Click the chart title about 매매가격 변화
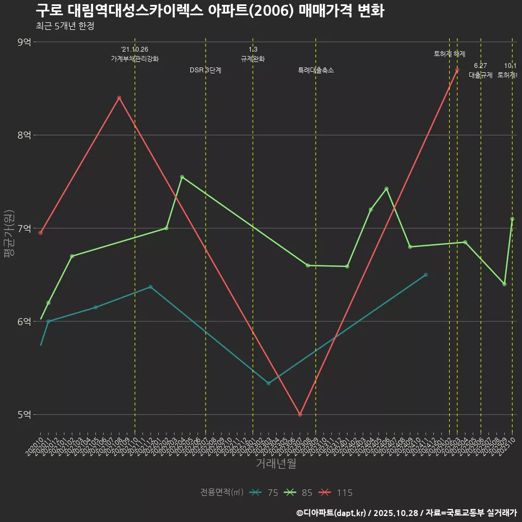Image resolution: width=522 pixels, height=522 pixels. [210, 11]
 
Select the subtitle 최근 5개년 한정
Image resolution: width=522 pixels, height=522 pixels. [65, 26]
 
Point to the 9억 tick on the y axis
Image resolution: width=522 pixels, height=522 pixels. [24, 42]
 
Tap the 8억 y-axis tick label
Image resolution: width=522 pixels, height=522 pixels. [24, 135]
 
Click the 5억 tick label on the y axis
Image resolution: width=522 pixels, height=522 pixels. [24, 414]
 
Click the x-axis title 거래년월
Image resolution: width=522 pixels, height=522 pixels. [276, 464]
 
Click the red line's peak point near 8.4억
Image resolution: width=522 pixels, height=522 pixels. [119, 98]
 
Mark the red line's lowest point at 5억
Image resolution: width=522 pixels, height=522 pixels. [300, 414]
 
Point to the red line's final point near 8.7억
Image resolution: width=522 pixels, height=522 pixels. [457, 70]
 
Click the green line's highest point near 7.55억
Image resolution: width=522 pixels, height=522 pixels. [182, 177]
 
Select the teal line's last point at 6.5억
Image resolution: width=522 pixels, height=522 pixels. [426, 275]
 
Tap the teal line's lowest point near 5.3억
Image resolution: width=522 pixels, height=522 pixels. [269, 383]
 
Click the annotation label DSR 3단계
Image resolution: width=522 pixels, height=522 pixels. [206, 70]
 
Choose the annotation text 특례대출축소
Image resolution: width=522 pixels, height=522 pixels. [316, 70]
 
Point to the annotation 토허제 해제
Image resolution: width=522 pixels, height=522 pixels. [450, 54]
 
